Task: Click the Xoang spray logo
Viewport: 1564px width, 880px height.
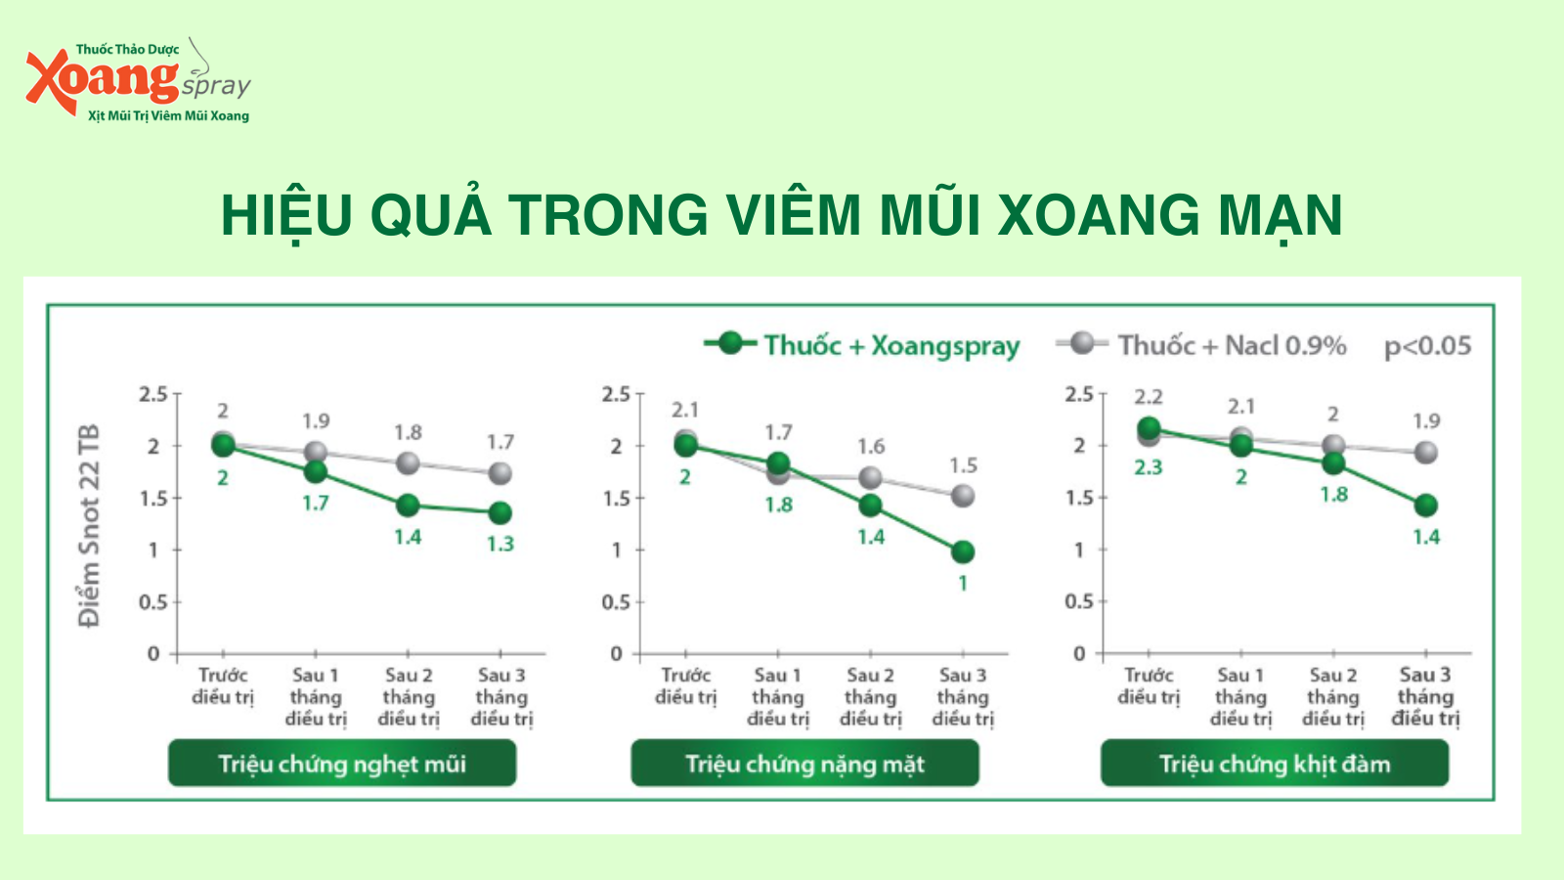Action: pyautogui.click(x=138, y=80)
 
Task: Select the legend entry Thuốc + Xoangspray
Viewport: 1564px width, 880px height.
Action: pyautogui.click(x=861, y=345)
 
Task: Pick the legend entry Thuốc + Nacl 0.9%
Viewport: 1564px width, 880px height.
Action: pyautogui.click(x=1201, y=345)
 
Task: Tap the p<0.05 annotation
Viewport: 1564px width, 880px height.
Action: pyautogui.click(x=1428, y=346)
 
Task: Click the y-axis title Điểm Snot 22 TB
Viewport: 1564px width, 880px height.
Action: pyautogui.click(x=89, y=525)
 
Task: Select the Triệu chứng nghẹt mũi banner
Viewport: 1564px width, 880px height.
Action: pyautogui.click(x=342, y=764)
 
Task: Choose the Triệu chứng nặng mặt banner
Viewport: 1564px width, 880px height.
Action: pyautogui.click(x=805, y=764)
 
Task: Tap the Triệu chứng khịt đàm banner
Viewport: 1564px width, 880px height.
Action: pyautogui.click(x=1275, y=764)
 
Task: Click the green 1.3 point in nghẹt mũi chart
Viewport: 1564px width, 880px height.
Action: pyautogui.click(x=500, y=513)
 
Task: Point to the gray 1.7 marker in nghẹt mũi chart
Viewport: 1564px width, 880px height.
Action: pyautogui.click(x=500, y=473)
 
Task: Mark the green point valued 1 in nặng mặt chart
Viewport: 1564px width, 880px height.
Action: pyautogui.click(x=963, y=551)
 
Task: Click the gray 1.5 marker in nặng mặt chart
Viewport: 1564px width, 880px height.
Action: pyautogui.click(x=963, y=496)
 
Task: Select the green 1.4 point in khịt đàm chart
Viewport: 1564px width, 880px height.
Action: pyautogui.click(x=1426, y=505)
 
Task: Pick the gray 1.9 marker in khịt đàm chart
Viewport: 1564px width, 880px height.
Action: pyautogui.click(x=1426, y=453)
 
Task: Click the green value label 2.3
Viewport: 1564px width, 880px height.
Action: pyautogui.click(x=1149, y=467)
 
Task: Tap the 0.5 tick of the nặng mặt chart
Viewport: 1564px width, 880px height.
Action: pyautogui.click(x=616, y=602)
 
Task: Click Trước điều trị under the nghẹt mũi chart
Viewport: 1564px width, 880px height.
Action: pyautogui.click(x=223, y=686)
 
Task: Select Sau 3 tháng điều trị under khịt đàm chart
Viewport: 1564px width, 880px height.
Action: pyautogui.click(x=1426, y=697)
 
